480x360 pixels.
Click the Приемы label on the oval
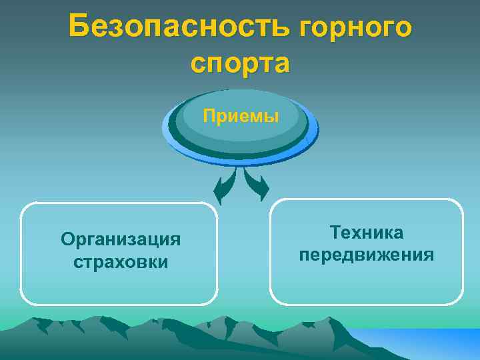[241, 116]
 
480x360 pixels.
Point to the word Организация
[121, 239]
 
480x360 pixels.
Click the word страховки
[121, 261]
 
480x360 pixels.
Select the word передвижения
[367, 255]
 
